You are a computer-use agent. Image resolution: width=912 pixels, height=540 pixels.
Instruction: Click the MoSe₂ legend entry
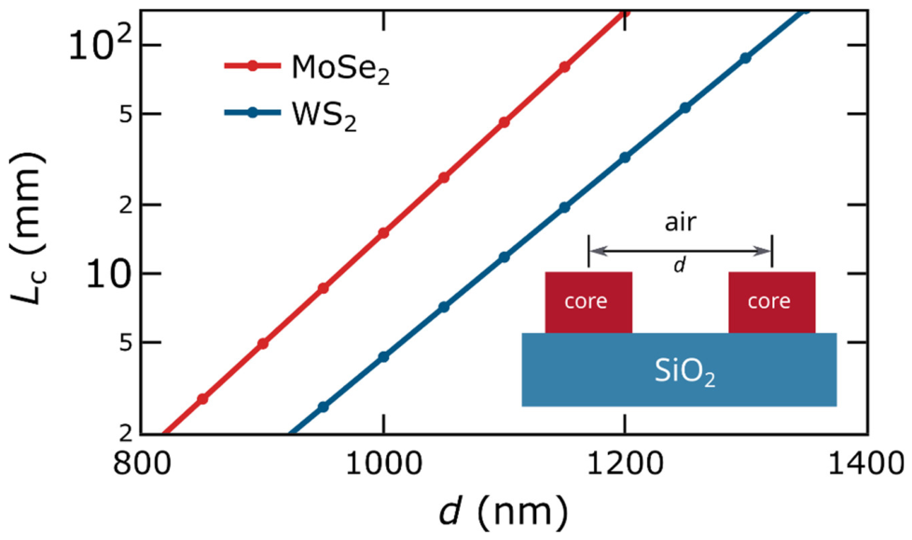[307, 68]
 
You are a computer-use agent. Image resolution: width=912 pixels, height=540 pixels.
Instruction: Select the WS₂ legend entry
[290, 114]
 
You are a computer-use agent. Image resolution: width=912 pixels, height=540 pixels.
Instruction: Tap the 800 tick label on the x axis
[142, 464]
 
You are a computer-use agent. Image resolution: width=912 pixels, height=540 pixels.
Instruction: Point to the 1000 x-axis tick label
[383, 464]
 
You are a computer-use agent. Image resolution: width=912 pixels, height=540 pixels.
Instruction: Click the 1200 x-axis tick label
[625, 464]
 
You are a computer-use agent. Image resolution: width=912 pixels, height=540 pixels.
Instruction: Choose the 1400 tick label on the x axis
[866, 464]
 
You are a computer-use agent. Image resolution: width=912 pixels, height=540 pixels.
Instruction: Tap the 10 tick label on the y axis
[106, 273]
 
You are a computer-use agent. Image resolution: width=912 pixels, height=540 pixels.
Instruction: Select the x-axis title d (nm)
[504, 512]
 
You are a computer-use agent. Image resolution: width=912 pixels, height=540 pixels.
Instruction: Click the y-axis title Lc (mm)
[27, 228]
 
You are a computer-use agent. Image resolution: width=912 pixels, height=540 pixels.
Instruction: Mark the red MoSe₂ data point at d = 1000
[383, 233]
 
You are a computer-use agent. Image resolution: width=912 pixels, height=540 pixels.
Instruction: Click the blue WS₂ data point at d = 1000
[383, 356]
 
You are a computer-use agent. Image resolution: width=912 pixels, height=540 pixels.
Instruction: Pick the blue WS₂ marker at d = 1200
[625, 158]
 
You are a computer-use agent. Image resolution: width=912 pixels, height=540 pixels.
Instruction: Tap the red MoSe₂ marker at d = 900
[263, 343]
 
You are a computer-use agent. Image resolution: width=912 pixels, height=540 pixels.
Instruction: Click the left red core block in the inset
[588, 302]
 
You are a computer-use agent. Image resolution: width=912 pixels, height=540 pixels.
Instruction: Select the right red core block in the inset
[772, 302]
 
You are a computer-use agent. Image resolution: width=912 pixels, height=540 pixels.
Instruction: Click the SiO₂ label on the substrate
[684, 372]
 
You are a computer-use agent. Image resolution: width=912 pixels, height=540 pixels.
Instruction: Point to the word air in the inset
[681, 222]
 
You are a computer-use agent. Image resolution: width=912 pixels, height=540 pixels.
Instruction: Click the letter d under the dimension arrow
[680, 265]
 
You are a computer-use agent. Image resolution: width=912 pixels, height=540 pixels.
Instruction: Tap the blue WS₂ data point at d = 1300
[746, 58]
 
